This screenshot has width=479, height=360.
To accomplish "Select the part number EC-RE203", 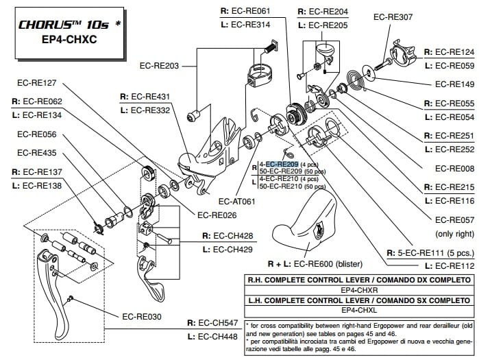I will [158, 67].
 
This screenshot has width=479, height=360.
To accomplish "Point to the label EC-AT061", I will [236, 202].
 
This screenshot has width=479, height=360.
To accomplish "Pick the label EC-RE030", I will [142, 317].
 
